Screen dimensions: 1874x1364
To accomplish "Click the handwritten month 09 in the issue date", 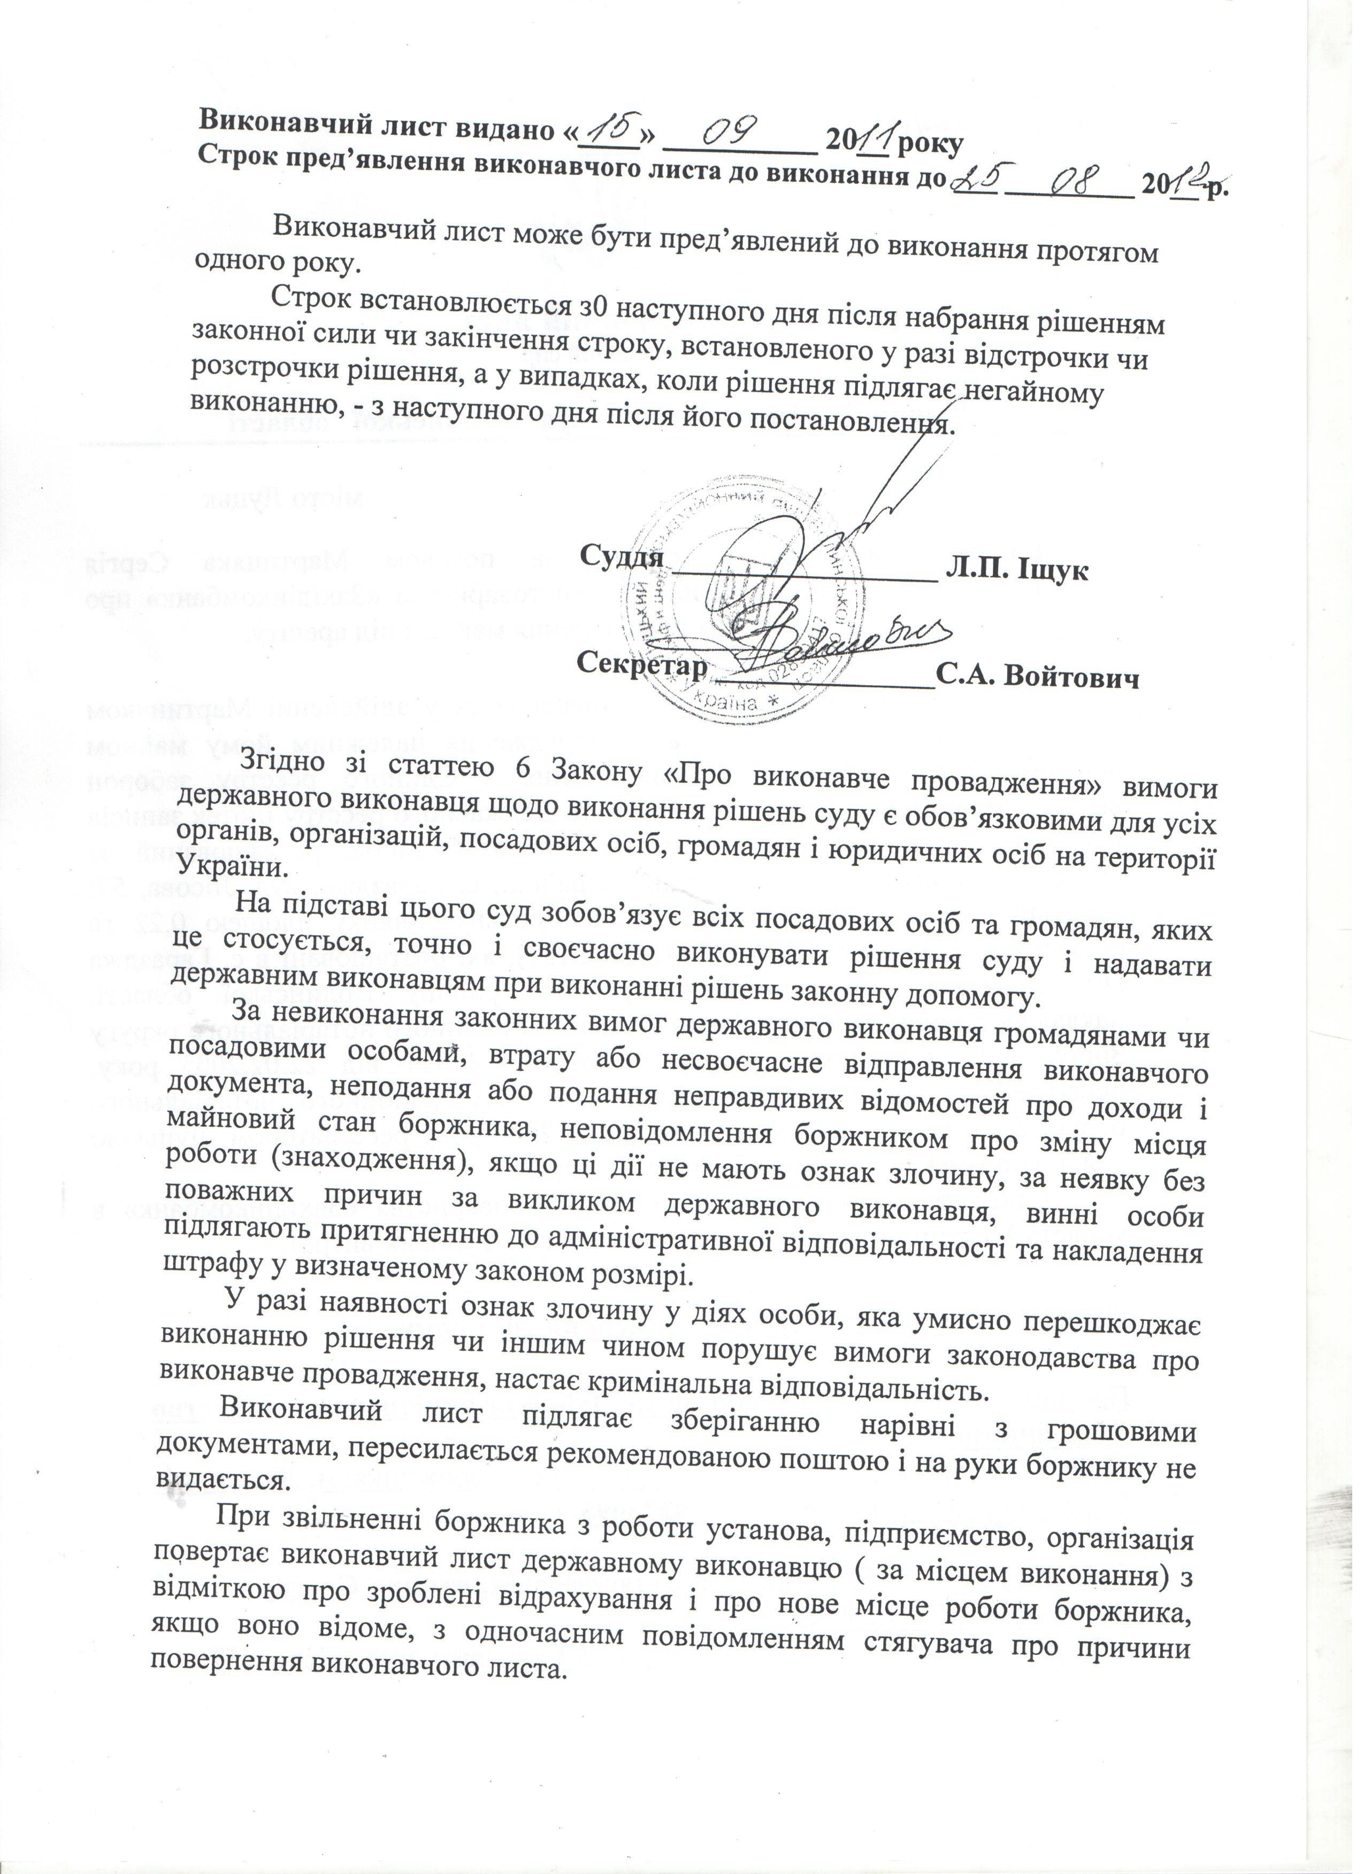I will pyautogui.click(x=738, y=135).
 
